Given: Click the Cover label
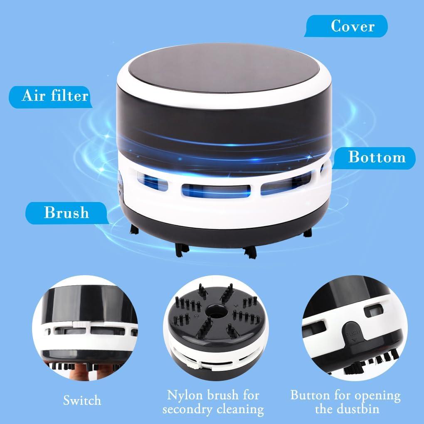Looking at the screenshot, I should pyautogui.click(x=353, y=26).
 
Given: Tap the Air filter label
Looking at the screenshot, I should pyautogui.click(x=55, y=96).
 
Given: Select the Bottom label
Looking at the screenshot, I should pyautogui.click(x=376, y=157).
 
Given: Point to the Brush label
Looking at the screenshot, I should pyautogui.click(x=67, y=212).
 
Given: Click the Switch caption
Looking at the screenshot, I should pyautogui.click(x=82, y=400).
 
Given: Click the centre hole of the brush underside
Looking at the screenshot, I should pyautogui.click(x=214, y=310).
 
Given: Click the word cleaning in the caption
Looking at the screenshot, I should pyautogui.click(x=239, y=409).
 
